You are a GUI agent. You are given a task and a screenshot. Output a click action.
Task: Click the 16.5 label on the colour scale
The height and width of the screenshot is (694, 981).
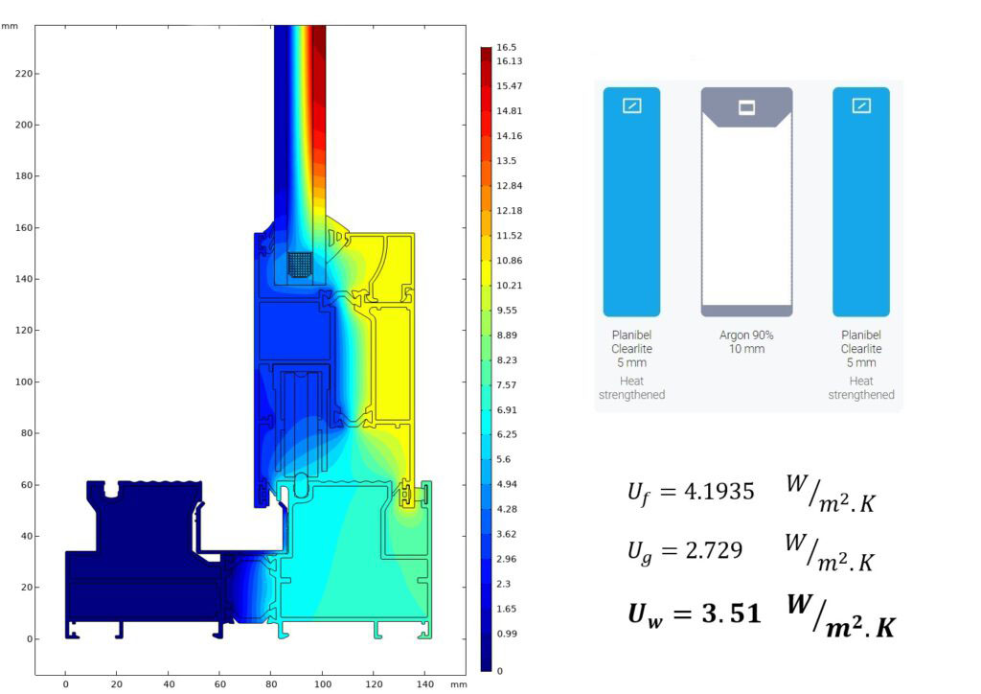pyautogui.click(x=506, y=48)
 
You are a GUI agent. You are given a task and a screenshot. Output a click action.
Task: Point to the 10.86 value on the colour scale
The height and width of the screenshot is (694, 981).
pyautogui.click(x=509, y=261)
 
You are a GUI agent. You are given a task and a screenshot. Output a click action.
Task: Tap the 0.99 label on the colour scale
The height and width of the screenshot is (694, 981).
pyautogui.click(x=506, y=634)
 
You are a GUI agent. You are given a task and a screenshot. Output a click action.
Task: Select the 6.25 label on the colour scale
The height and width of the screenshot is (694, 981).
pyautogui.click(x=506, y=434)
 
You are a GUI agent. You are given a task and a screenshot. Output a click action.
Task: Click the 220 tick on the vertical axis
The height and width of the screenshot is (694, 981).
pyautogui.click(x=23, y=73)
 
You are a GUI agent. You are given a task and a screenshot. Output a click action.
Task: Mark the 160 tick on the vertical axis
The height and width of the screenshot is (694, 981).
pyautogui.click(x=23, y=228)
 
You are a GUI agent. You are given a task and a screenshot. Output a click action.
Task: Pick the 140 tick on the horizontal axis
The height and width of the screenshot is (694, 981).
pyautogui.click(x=424, y=684)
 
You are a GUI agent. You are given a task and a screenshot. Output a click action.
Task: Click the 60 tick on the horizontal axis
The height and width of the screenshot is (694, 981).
pyautogui.click(x=219, y=684)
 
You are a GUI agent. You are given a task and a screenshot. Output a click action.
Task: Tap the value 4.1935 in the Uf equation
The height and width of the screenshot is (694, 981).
pyautogui.click(x=719, y=492)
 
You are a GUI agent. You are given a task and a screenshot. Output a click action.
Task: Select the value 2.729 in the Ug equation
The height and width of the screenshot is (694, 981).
pyautogui.click(x=714, y=550)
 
